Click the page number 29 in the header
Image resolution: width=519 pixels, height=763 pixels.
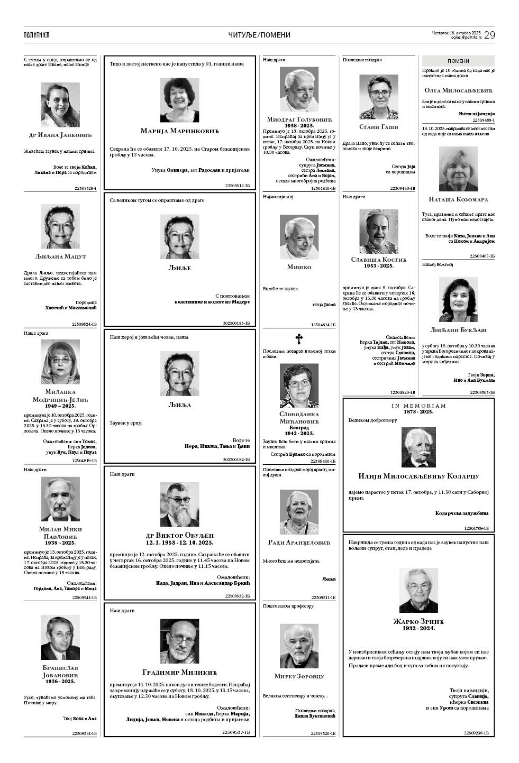point(489,35)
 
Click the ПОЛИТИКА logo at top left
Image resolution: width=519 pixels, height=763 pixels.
point(37,35)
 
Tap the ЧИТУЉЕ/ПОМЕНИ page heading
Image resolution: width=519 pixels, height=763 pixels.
point(259,35)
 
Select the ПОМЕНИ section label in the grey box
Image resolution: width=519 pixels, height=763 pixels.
point(458,61)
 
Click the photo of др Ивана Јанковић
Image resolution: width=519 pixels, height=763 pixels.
point(60,104)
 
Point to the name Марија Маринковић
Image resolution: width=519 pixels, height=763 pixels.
point(179,131)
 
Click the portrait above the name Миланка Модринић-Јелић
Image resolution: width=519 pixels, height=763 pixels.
point(60,362)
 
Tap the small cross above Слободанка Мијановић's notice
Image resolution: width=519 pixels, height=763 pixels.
point(299,338)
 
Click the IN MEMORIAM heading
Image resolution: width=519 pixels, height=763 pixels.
point(418,406)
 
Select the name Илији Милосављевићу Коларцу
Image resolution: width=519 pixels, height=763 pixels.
point(418,476)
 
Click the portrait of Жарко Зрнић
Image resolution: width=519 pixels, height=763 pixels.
point(418,590)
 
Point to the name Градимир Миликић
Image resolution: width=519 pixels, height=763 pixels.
point(180,672)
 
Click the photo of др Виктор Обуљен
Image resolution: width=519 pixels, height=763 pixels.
point(179,504)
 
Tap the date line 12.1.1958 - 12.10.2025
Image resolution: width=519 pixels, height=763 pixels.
point(179,543)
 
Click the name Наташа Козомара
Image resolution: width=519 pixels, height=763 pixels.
point(458,199)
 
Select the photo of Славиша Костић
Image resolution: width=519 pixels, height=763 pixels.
point(379,229)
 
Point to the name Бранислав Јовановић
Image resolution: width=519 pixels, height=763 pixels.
point(60,671)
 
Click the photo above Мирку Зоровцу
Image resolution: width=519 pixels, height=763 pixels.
point(299,646)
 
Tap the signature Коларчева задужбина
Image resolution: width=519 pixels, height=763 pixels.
point(462,513)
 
